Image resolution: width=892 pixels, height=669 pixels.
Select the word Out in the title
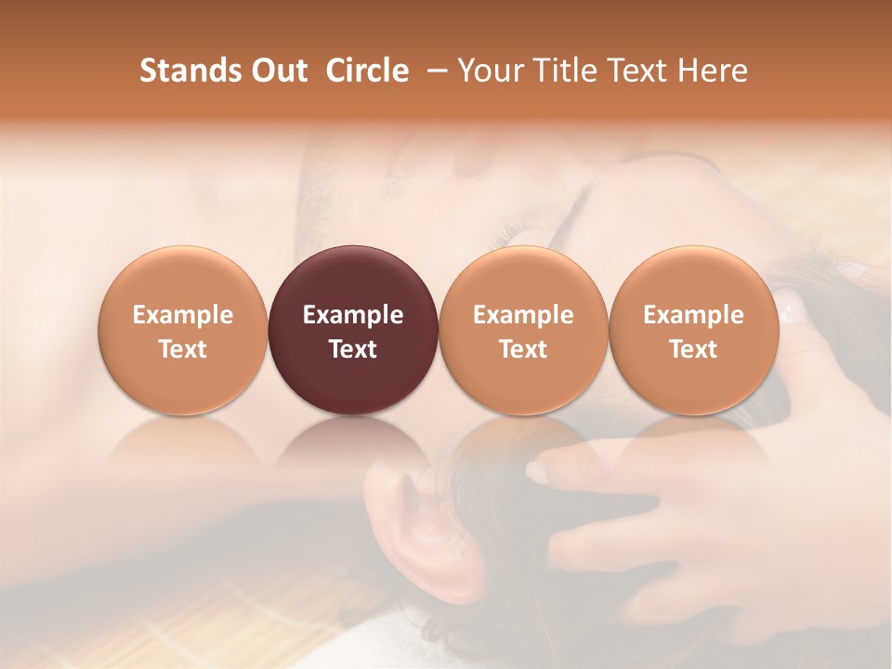(279, 71)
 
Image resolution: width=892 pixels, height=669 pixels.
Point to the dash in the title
(433, 71)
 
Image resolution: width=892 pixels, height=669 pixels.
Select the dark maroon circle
(353, 330)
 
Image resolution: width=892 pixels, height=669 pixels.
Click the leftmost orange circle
(182, 330)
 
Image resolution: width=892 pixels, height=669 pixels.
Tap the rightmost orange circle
(693, 330)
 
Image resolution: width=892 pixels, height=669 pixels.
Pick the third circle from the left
(523, 330)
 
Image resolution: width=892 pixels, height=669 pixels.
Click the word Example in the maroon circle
(353, 315)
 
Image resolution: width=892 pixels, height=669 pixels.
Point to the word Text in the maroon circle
(353, 349)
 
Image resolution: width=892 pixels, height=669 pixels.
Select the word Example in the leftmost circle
(182, 315)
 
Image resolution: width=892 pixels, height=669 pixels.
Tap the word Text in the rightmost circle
(693, 349)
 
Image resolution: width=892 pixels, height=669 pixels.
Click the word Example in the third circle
(523, 315)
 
